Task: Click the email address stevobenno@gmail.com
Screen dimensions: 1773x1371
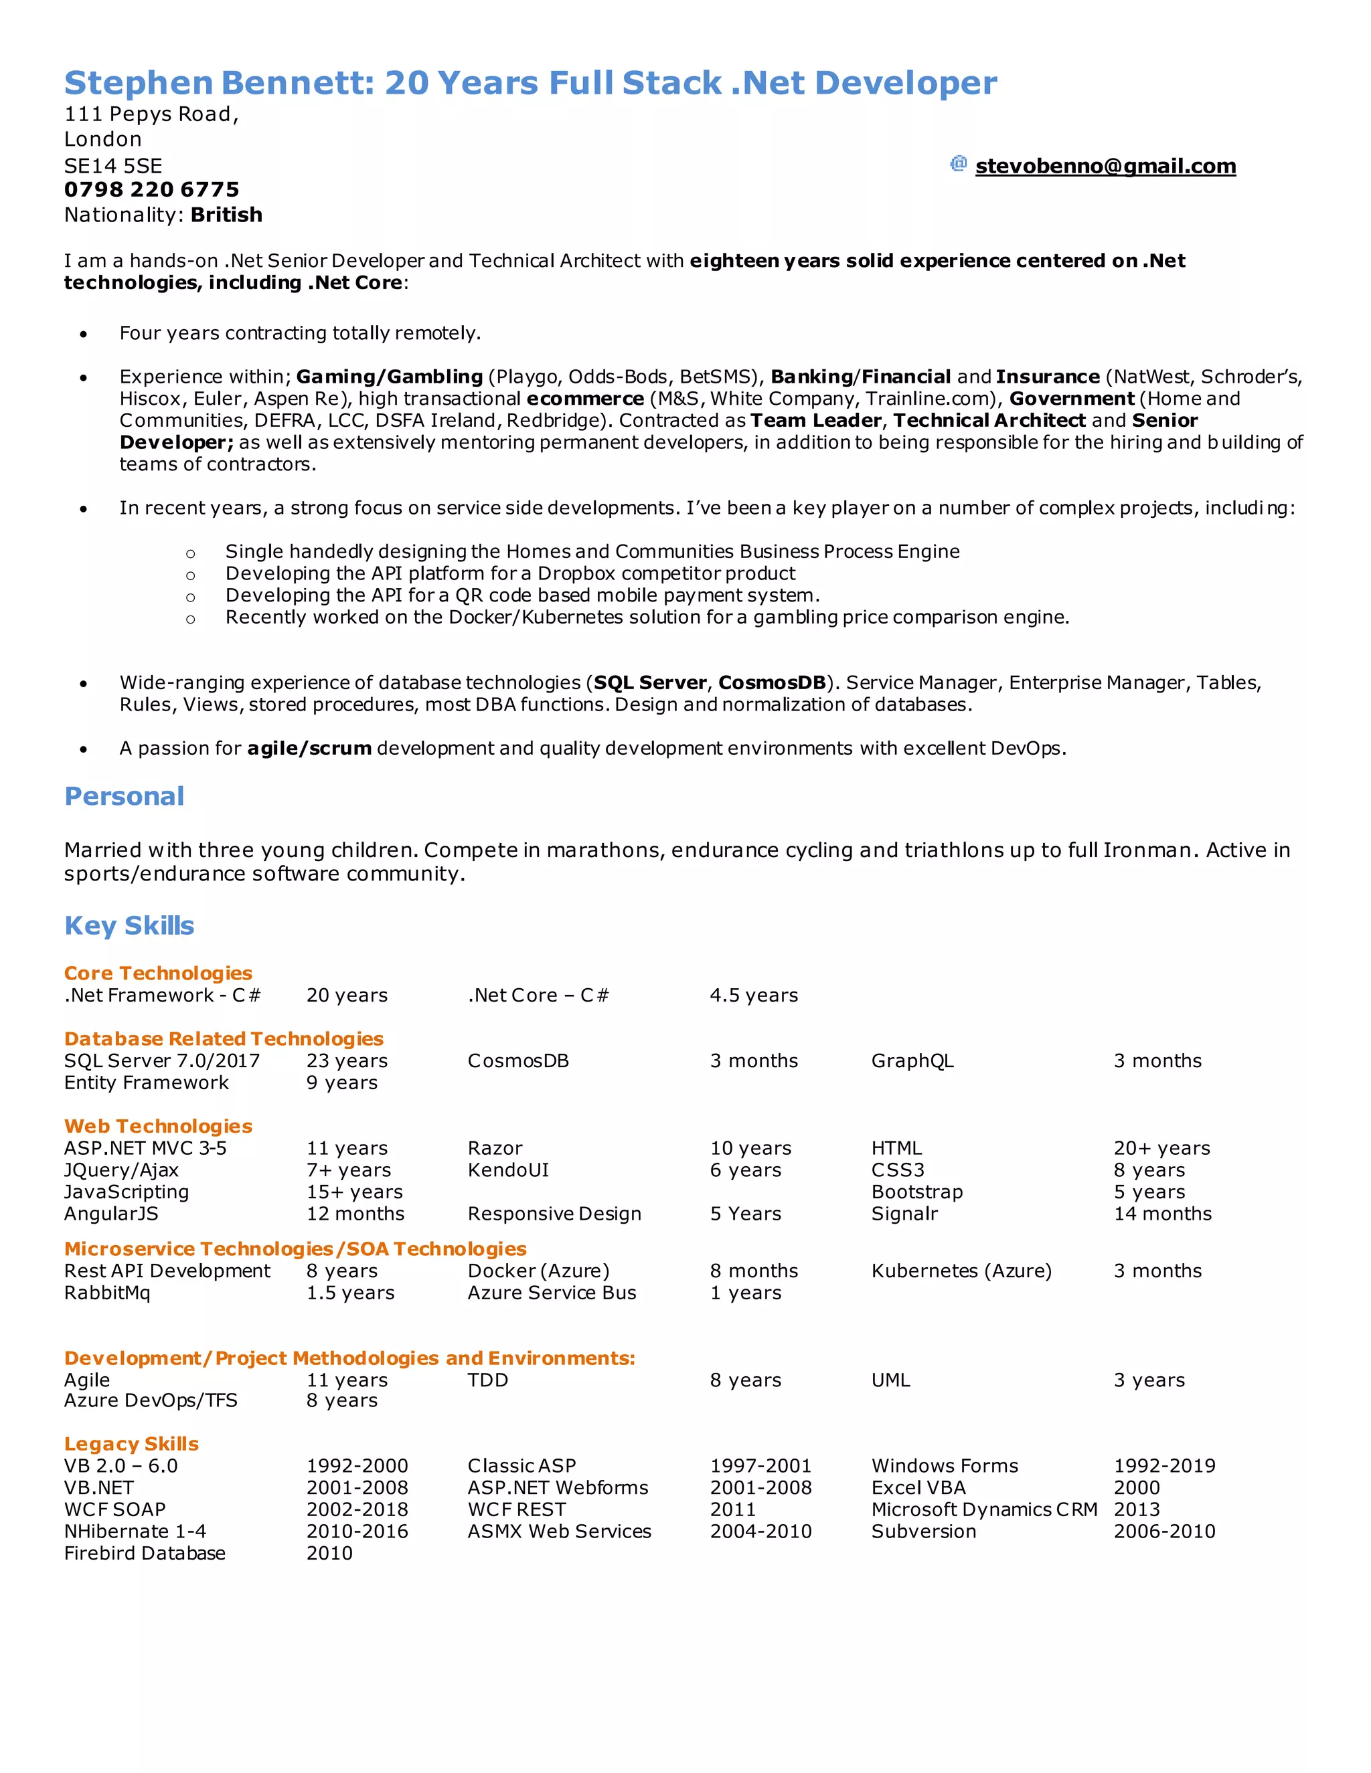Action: (x=1105, y=167)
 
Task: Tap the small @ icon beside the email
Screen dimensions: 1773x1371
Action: (x=959, y=164)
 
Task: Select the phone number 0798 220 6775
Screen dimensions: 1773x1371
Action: (x=152, y=190)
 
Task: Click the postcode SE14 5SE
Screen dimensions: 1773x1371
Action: (x=113, y=167)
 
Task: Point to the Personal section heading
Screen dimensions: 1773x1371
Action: (x=125, y=796)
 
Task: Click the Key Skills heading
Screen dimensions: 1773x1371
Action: (x=129, y=925)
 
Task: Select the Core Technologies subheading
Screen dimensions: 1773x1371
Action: (x=159, y=973)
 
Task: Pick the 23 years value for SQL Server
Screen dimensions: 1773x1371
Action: (x=347, y=1061)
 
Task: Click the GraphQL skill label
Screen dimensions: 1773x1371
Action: (x=912, y=1061)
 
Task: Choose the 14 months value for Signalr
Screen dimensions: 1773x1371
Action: (x=1162, y=1214)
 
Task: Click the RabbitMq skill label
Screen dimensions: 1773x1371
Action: (x=107, y=1293)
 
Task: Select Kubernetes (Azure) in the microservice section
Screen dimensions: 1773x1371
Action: (x=961, y=1271)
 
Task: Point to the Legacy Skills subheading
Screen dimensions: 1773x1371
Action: (x=132, y=1443)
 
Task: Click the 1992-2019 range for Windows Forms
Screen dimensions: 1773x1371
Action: (x=1164, y=1465)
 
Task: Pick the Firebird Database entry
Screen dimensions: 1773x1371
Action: (x=145, y=1553)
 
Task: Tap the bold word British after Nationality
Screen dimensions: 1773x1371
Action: (x=227, y=215)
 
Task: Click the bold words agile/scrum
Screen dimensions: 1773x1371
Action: (x=309, y=749)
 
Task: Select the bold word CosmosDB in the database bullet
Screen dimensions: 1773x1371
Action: (x=772, y=682)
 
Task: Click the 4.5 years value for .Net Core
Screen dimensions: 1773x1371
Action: (x=754, y=996)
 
